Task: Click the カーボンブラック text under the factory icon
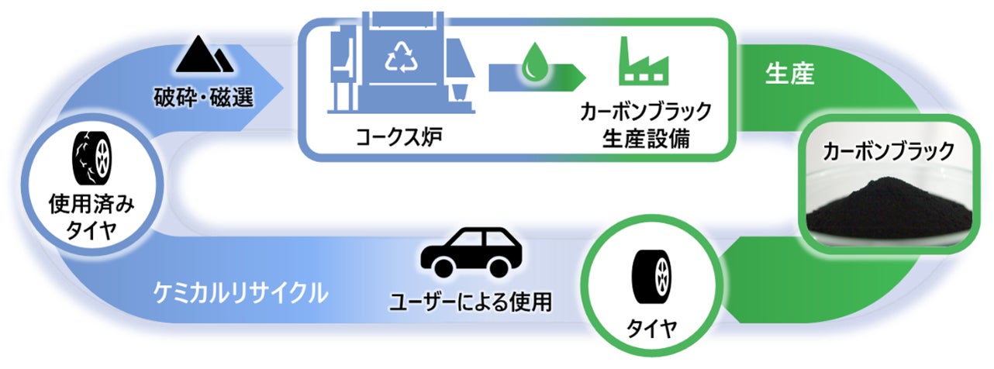click(x=645, y=113)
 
